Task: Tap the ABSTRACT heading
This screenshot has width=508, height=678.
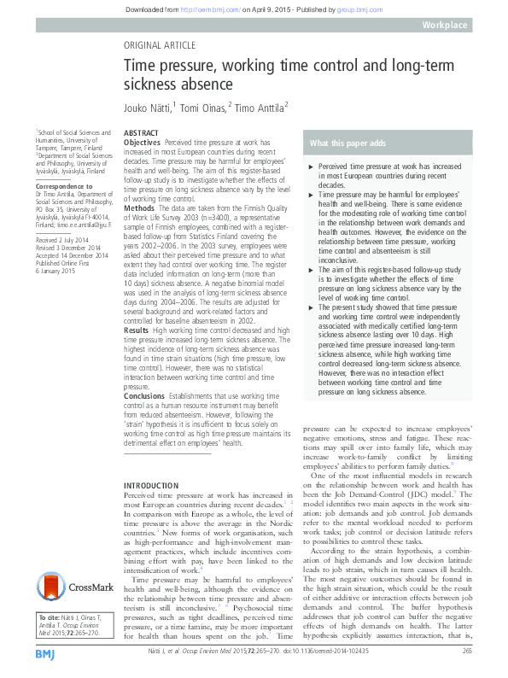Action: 140,134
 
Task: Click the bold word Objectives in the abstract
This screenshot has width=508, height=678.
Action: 142,143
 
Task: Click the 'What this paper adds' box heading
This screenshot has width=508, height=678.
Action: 349,143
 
